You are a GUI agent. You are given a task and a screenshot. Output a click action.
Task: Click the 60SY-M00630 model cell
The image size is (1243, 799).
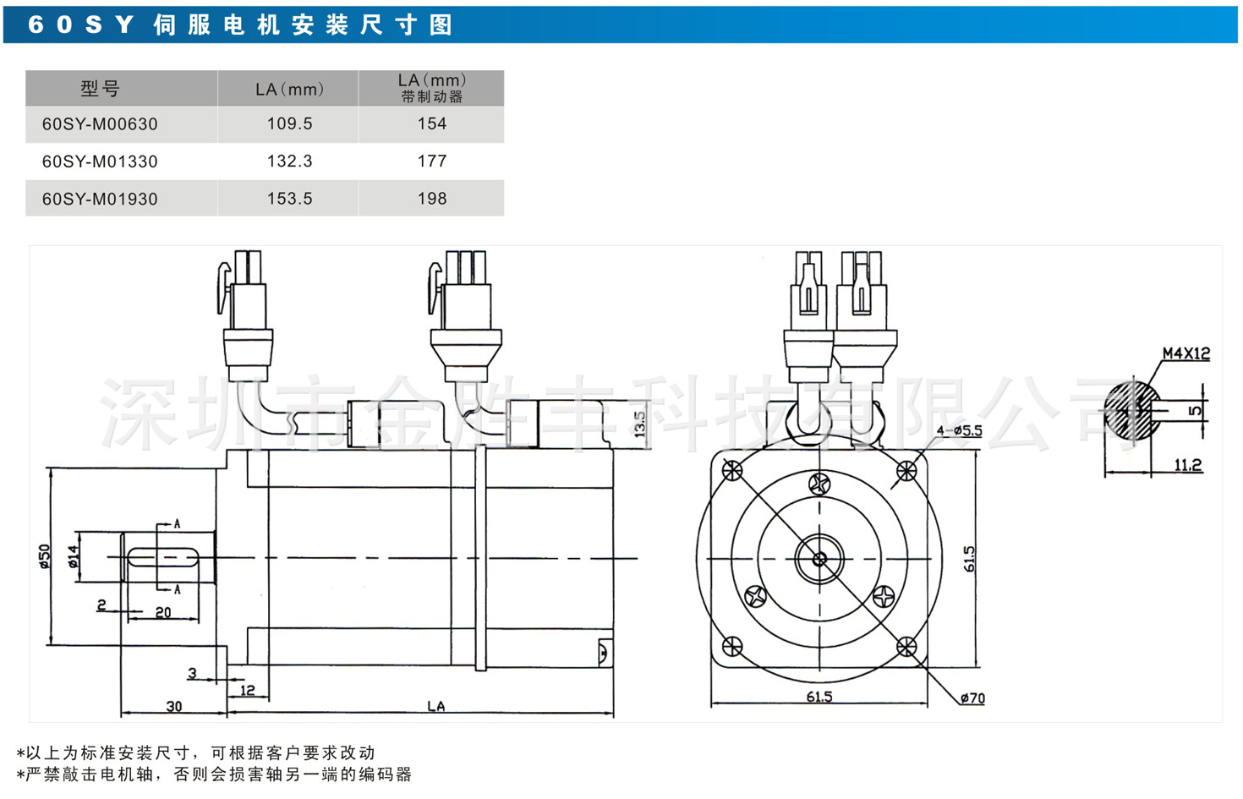[100, 124]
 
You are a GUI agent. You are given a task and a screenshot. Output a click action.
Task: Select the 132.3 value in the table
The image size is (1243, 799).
[289, 161]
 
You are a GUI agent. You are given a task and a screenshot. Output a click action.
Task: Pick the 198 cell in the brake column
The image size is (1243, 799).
[431, 199]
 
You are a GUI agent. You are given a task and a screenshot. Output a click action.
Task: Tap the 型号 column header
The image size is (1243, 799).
[100, 89]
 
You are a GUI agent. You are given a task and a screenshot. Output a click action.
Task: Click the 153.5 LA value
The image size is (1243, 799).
[289, 199]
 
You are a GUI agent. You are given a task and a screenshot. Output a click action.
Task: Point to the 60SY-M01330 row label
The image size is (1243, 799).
[100, 161]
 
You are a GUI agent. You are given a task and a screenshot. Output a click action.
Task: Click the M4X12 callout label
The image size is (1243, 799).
[1186, 353]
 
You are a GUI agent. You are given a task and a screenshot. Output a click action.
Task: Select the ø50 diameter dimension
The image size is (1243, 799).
[45, 555]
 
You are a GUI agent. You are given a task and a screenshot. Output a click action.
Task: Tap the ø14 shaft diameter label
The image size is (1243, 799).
[74, 555]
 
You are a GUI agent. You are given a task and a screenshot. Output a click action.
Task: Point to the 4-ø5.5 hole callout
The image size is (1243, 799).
[959, 431]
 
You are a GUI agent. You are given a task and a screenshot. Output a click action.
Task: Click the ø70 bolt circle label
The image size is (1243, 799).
[972, 698]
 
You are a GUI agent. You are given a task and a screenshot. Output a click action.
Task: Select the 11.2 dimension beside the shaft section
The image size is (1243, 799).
[1187, 465]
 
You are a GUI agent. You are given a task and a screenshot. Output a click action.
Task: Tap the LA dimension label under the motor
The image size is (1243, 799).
[435, 706]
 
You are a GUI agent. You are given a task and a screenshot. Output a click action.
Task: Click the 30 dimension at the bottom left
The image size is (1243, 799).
[173, 706]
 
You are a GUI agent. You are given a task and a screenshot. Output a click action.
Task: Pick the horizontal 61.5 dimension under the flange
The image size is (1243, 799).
[819, 697]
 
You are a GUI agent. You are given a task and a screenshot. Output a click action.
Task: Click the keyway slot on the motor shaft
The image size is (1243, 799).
[163, 557]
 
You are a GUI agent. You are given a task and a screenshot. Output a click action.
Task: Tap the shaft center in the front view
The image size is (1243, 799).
[819, 559]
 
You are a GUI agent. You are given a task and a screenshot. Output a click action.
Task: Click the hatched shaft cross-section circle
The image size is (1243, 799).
[1133, 409]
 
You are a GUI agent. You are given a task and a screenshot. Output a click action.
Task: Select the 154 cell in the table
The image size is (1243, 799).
[431, 124]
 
